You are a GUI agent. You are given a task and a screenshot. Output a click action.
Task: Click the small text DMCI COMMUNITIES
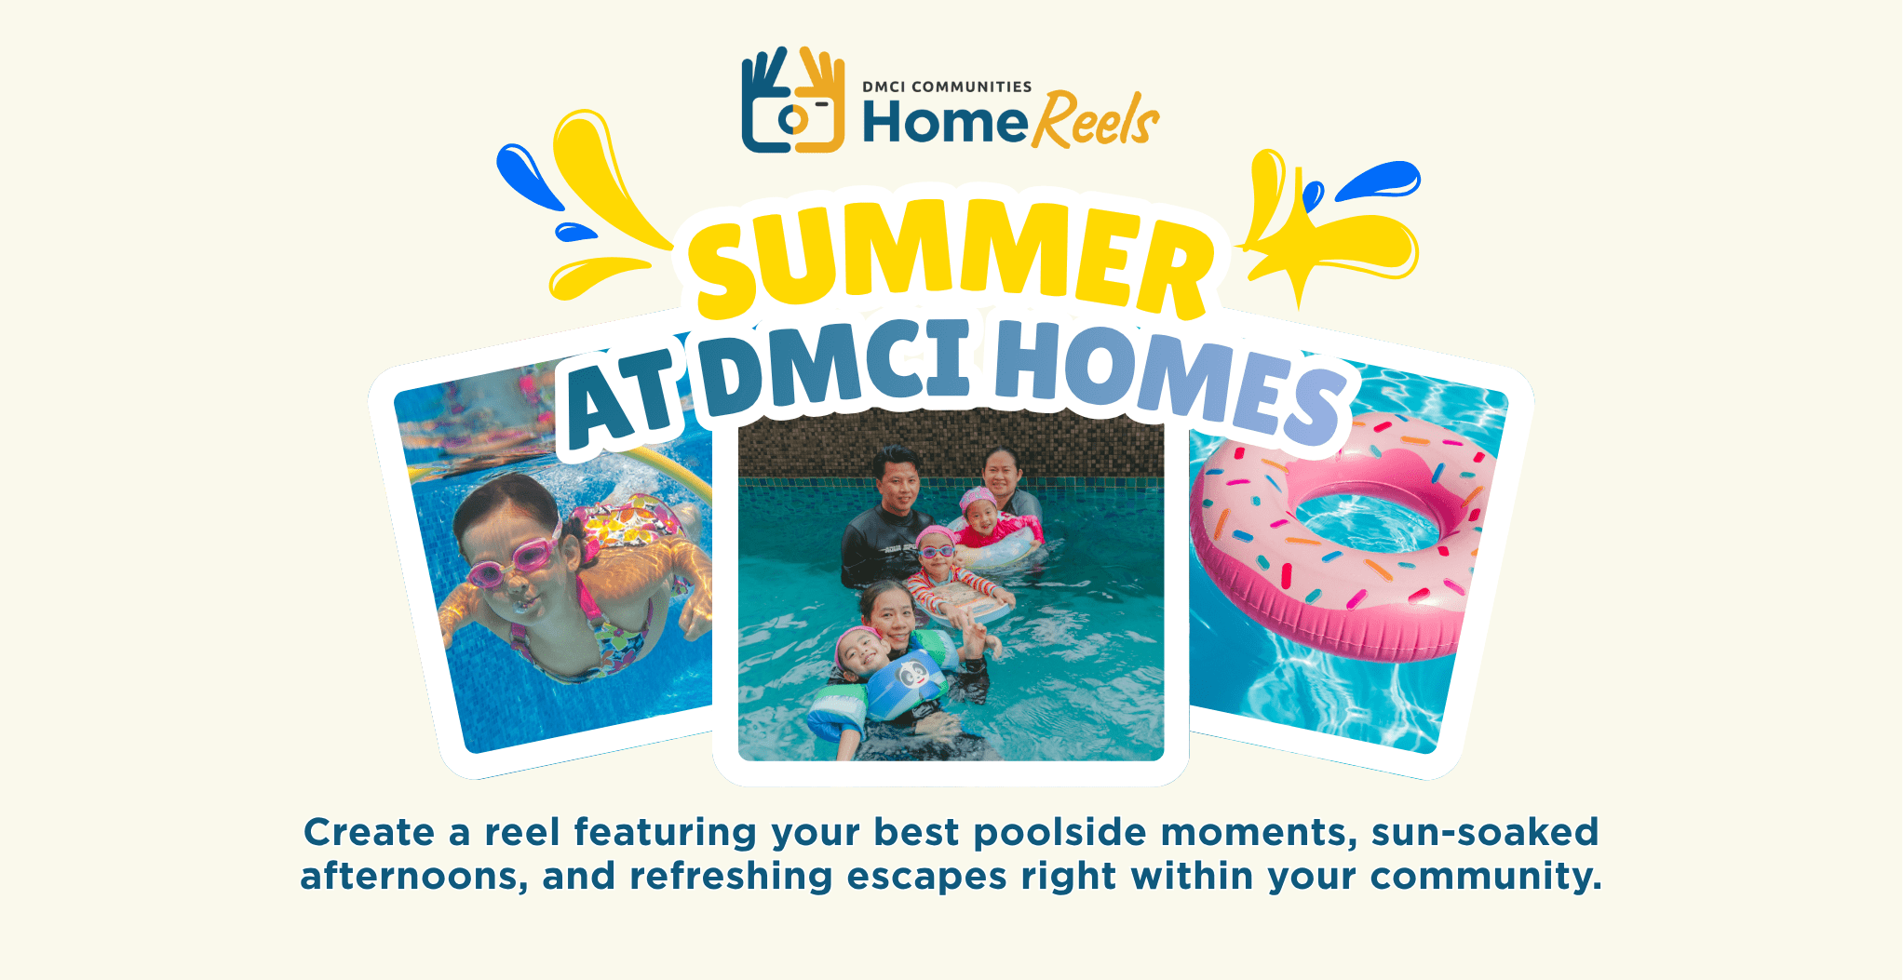(x=946, y=87)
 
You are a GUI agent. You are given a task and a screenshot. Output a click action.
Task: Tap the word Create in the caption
(x=369, y=832)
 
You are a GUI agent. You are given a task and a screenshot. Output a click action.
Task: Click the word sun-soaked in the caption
(x=1484, y=832)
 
